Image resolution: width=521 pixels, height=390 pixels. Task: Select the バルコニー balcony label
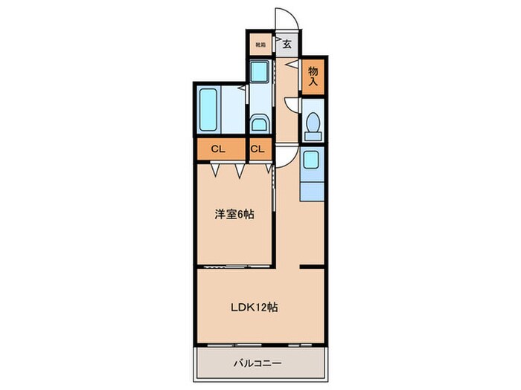[260, 365]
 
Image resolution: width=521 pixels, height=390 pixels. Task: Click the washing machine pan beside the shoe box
[260, 72]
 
